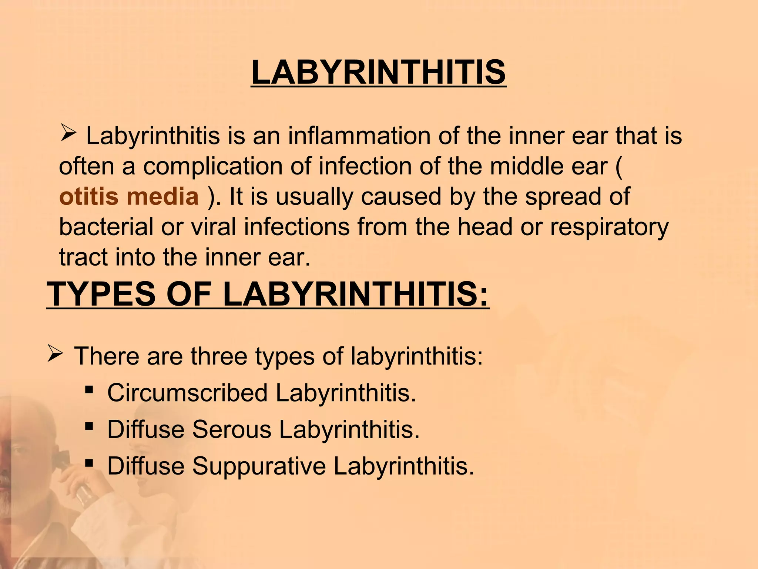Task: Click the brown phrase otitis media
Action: click(x=129, y=196)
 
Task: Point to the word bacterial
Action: click(x=106, y=227)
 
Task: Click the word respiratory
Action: click(x=609, y=227)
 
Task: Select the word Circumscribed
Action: click(x=187, y=393)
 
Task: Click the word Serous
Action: click(x=232, y=429)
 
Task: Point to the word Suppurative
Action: click(x=259, y=466)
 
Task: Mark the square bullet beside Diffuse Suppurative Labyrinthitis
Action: click(x=89, y=463)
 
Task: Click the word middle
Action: click(x=526, y=166)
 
